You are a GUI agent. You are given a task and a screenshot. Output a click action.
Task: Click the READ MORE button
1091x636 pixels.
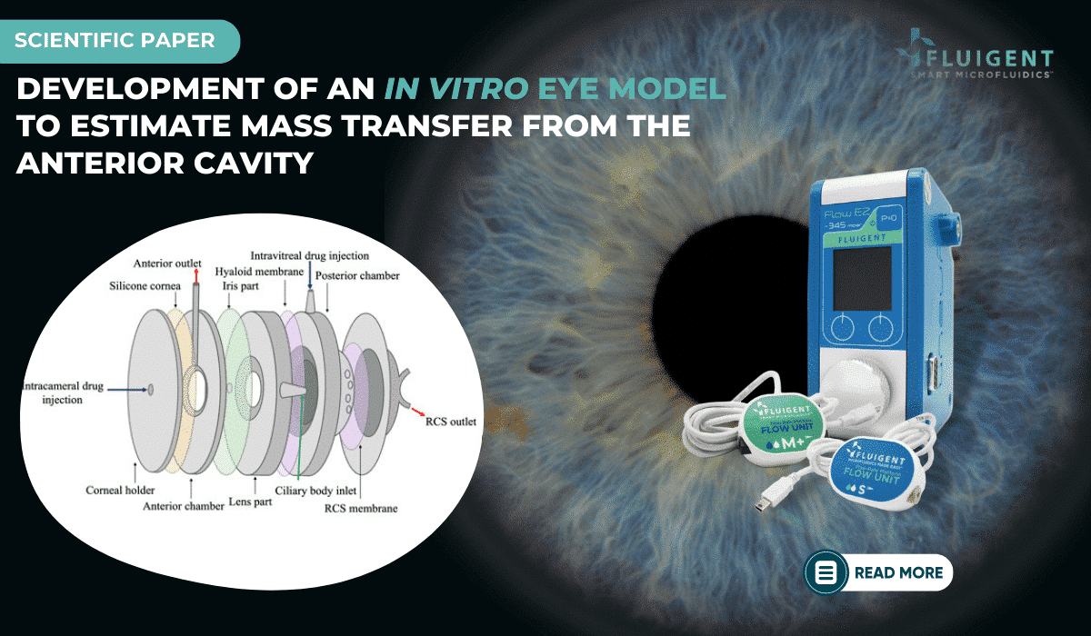pos(879,572)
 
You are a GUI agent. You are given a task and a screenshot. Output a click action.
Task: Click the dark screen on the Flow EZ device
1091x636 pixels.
pos(862,275)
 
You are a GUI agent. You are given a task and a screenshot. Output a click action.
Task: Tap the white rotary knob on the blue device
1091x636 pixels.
pos(855,382)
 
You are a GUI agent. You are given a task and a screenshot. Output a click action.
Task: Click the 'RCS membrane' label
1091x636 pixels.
pos(361,508)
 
